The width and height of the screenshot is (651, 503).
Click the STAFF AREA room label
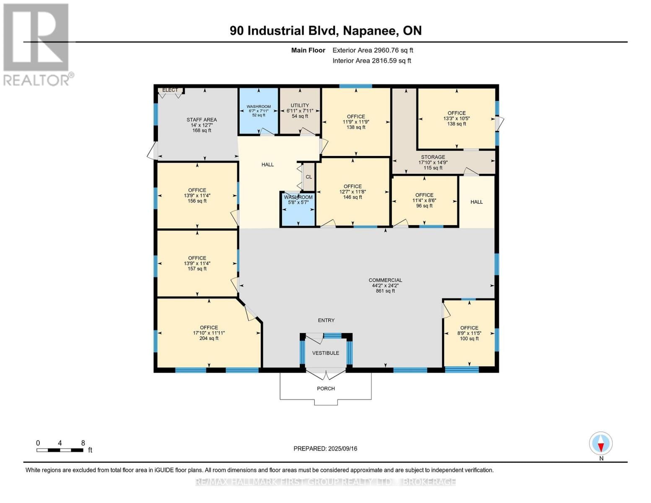(x=202, y=120)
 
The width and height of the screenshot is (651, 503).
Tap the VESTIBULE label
(x=326, y=353)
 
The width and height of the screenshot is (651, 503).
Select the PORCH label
(x=326, y=389)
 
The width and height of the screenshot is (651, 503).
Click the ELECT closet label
(x=170, y=90)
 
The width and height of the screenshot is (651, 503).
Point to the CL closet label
(x=309, y=177)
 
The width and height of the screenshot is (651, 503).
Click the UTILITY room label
(x=300, y=106)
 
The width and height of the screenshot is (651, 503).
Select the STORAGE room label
(x=433, y=157)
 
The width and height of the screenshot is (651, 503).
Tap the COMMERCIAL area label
(x=385, y=280)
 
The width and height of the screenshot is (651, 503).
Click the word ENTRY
(x=326, y=320)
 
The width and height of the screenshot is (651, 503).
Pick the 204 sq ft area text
(x=209, y=338)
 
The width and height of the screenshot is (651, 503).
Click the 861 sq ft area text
(x=385, y=291)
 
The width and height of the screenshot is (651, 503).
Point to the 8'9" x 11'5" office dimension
(x=469, y=333)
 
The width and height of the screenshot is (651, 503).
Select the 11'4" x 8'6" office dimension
(x=424, y=200)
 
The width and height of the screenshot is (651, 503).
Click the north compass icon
(x=601, y=443)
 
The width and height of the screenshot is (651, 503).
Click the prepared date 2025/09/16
(x=325, y=449)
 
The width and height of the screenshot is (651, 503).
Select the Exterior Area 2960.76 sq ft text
(x=373, y=50)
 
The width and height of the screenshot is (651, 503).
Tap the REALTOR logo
(x=36, y=44)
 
